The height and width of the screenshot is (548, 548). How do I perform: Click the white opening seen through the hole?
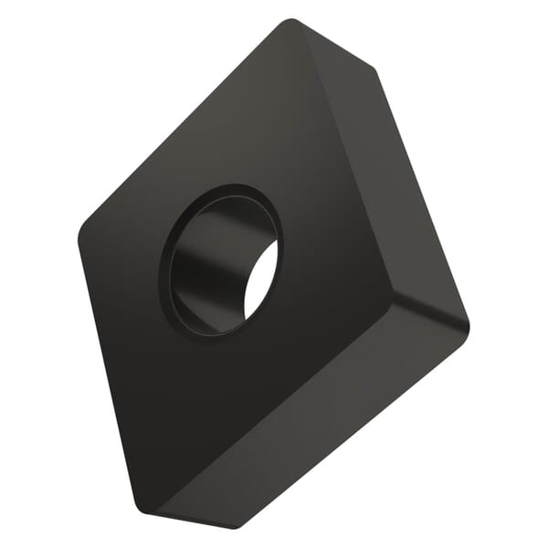[x=261, y=283]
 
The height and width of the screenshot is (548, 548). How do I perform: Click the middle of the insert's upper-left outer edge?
[x=183, y=119]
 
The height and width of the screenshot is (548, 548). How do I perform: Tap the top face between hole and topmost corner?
[x=265, y=110]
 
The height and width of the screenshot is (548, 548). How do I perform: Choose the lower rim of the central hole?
[x=215, y=332]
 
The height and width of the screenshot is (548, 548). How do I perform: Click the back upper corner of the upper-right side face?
[x=373, y=69]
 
